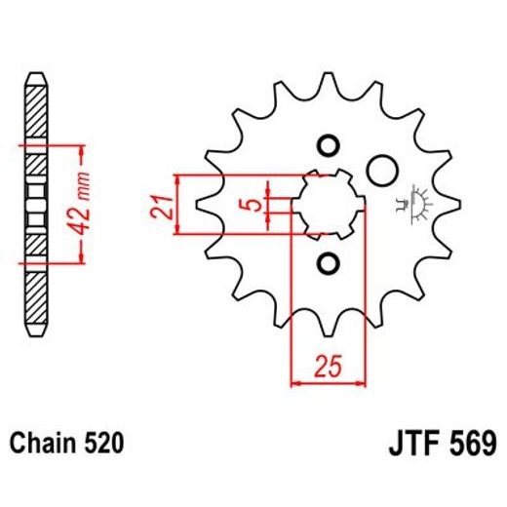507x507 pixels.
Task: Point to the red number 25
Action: click(328, 368)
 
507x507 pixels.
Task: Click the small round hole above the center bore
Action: click(328, 143)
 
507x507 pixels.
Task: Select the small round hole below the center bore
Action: click(328, 263)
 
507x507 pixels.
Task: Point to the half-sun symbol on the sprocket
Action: click(423, 200)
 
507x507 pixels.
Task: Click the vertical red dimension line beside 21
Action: click(177, 205)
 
